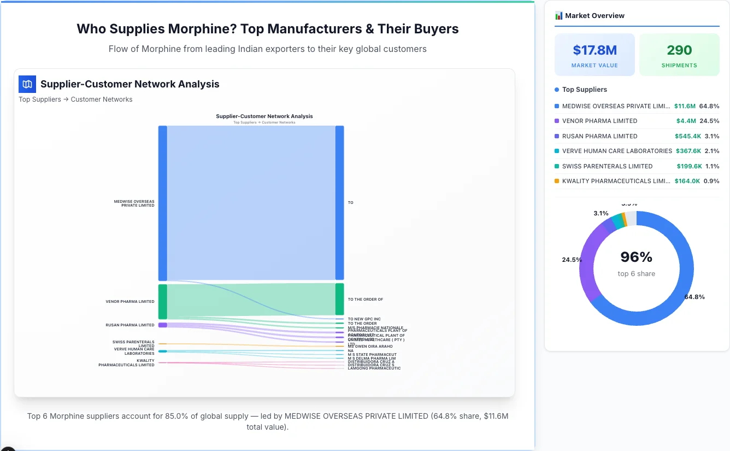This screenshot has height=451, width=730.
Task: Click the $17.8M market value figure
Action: (594, 50)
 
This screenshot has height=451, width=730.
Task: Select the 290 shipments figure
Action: (679, 50)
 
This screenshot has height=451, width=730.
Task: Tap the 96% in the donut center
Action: (636, 257)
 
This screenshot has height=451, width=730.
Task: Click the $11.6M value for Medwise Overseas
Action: (685, 106)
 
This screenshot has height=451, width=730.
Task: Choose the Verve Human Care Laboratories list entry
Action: (617, 151)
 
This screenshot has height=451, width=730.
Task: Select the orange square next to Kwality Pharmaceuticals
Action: (557, 181)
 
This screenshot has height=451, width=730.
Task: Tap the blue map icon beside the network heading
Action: (27, 84)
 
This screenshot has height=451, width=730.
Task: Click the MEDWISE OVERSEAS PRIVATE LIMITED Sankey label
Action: (134, 203)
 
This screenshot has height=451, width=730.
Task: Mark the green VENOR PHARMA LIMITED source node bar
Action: (162, 302)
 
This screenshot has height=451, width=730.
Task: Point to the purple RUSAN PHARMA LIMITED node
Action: (162, 325)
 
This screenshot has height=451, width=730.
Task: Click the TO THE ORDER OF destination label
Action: (365, 300)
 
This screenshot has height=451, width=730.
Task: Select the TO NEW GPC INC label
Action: (364, 319)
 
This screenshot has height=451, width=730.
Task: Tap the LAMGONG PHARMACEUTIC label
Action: (374, 368)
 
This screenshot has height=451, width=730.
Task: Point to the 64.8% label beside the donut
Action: (694, 297)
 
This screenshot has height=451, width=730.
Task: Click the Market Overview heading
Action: (594, 16)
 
